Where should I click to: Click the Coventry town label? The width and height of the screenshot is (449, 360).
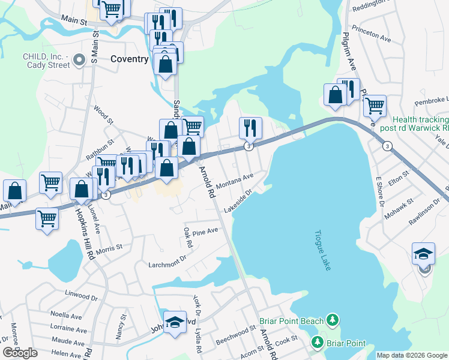pyautogui.click(x=129, y=59)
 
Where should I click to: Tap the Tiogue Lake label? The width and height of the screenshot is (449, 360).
pyautogui.click(x=322, y=250)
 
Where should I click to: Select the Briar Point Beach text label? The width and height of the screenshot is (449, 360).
pyautogui.click(x=291, y=320)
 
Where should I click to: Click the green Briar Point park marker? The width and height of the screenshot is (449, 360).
pyautogui.click(x=317, y=343)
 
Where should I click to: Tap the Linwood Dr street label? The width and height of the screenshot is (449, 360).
pyautogui.click(x=80, y=296)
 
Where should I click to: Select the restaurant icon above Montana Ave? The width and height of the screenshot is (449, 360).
pyautogui.click(x=250, y=127)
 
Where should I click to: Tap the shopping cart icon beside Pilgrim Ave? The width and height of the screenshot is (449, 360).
pyautogui.click(x=375, y=106)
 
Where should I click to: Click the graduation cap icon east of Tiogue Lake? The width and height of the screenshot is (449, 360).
pyautogui.click(x=423, y=253)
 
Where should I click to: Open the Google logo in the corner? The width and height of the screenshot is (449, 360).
pyautogui.click(x=20, y=353)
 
